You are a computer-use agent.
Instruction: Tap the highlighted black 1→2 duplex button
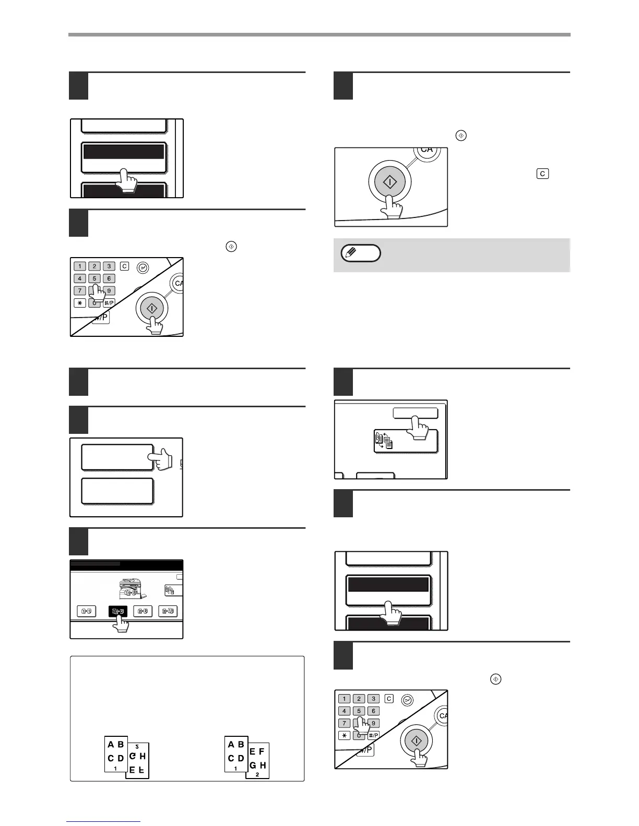pyautogui.click(x=117, y=611)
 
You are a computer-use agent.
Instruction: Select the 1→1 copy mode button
pyautogui.click(x=87, y=611)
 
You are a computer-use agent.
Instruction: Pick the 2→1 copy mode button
pyautogui.click(x=168, y=611)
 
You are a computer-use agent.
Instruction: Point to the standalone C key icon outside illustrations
pyautogui.click(x=542, y=174)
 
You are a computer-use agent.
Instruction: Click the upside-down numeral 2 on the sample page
pyautogui.click(x=137, y=747)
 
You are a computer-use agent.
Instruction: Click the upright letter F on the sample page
pyautogui.click(x=262, y=751)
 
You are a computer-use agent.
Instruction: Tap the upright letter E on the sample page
pyautogui.click(x=253, y=751)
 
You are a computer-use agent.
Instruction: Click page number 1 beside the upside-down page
pyautogui.click(x=115, y=768)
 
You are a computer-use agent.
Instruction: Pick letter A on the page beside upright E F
pyautogui.click(x=231, y=745)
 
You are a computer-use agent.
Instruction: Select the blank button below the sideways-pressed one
pyautogui.click(x=117, y=491)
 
